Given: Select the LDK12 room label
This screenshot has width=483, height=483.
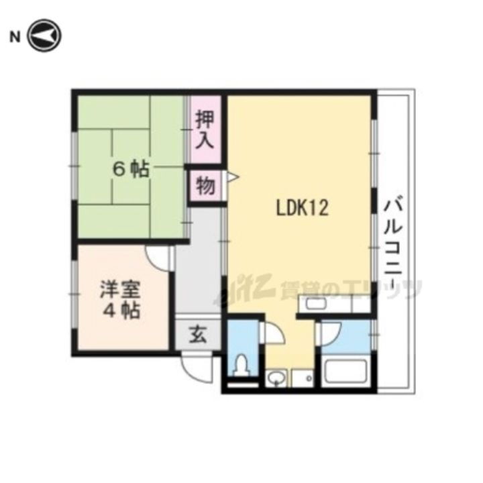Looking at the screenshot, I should pos(302,209).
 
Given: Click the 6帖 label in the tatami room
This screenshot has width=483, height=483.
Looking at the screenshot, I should pos(130,170).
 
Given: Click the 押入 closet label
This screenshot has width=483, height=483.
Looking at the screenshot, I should pos(204,130).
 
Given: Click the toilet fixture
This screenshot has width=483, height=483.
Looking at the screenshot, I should pos(240,366).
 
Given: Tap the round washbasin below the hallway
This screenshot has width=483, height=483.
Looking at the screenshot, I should pos(274,380).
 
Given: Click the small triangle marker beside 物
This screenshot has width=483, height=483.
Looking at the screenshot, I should pos(231,177).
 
